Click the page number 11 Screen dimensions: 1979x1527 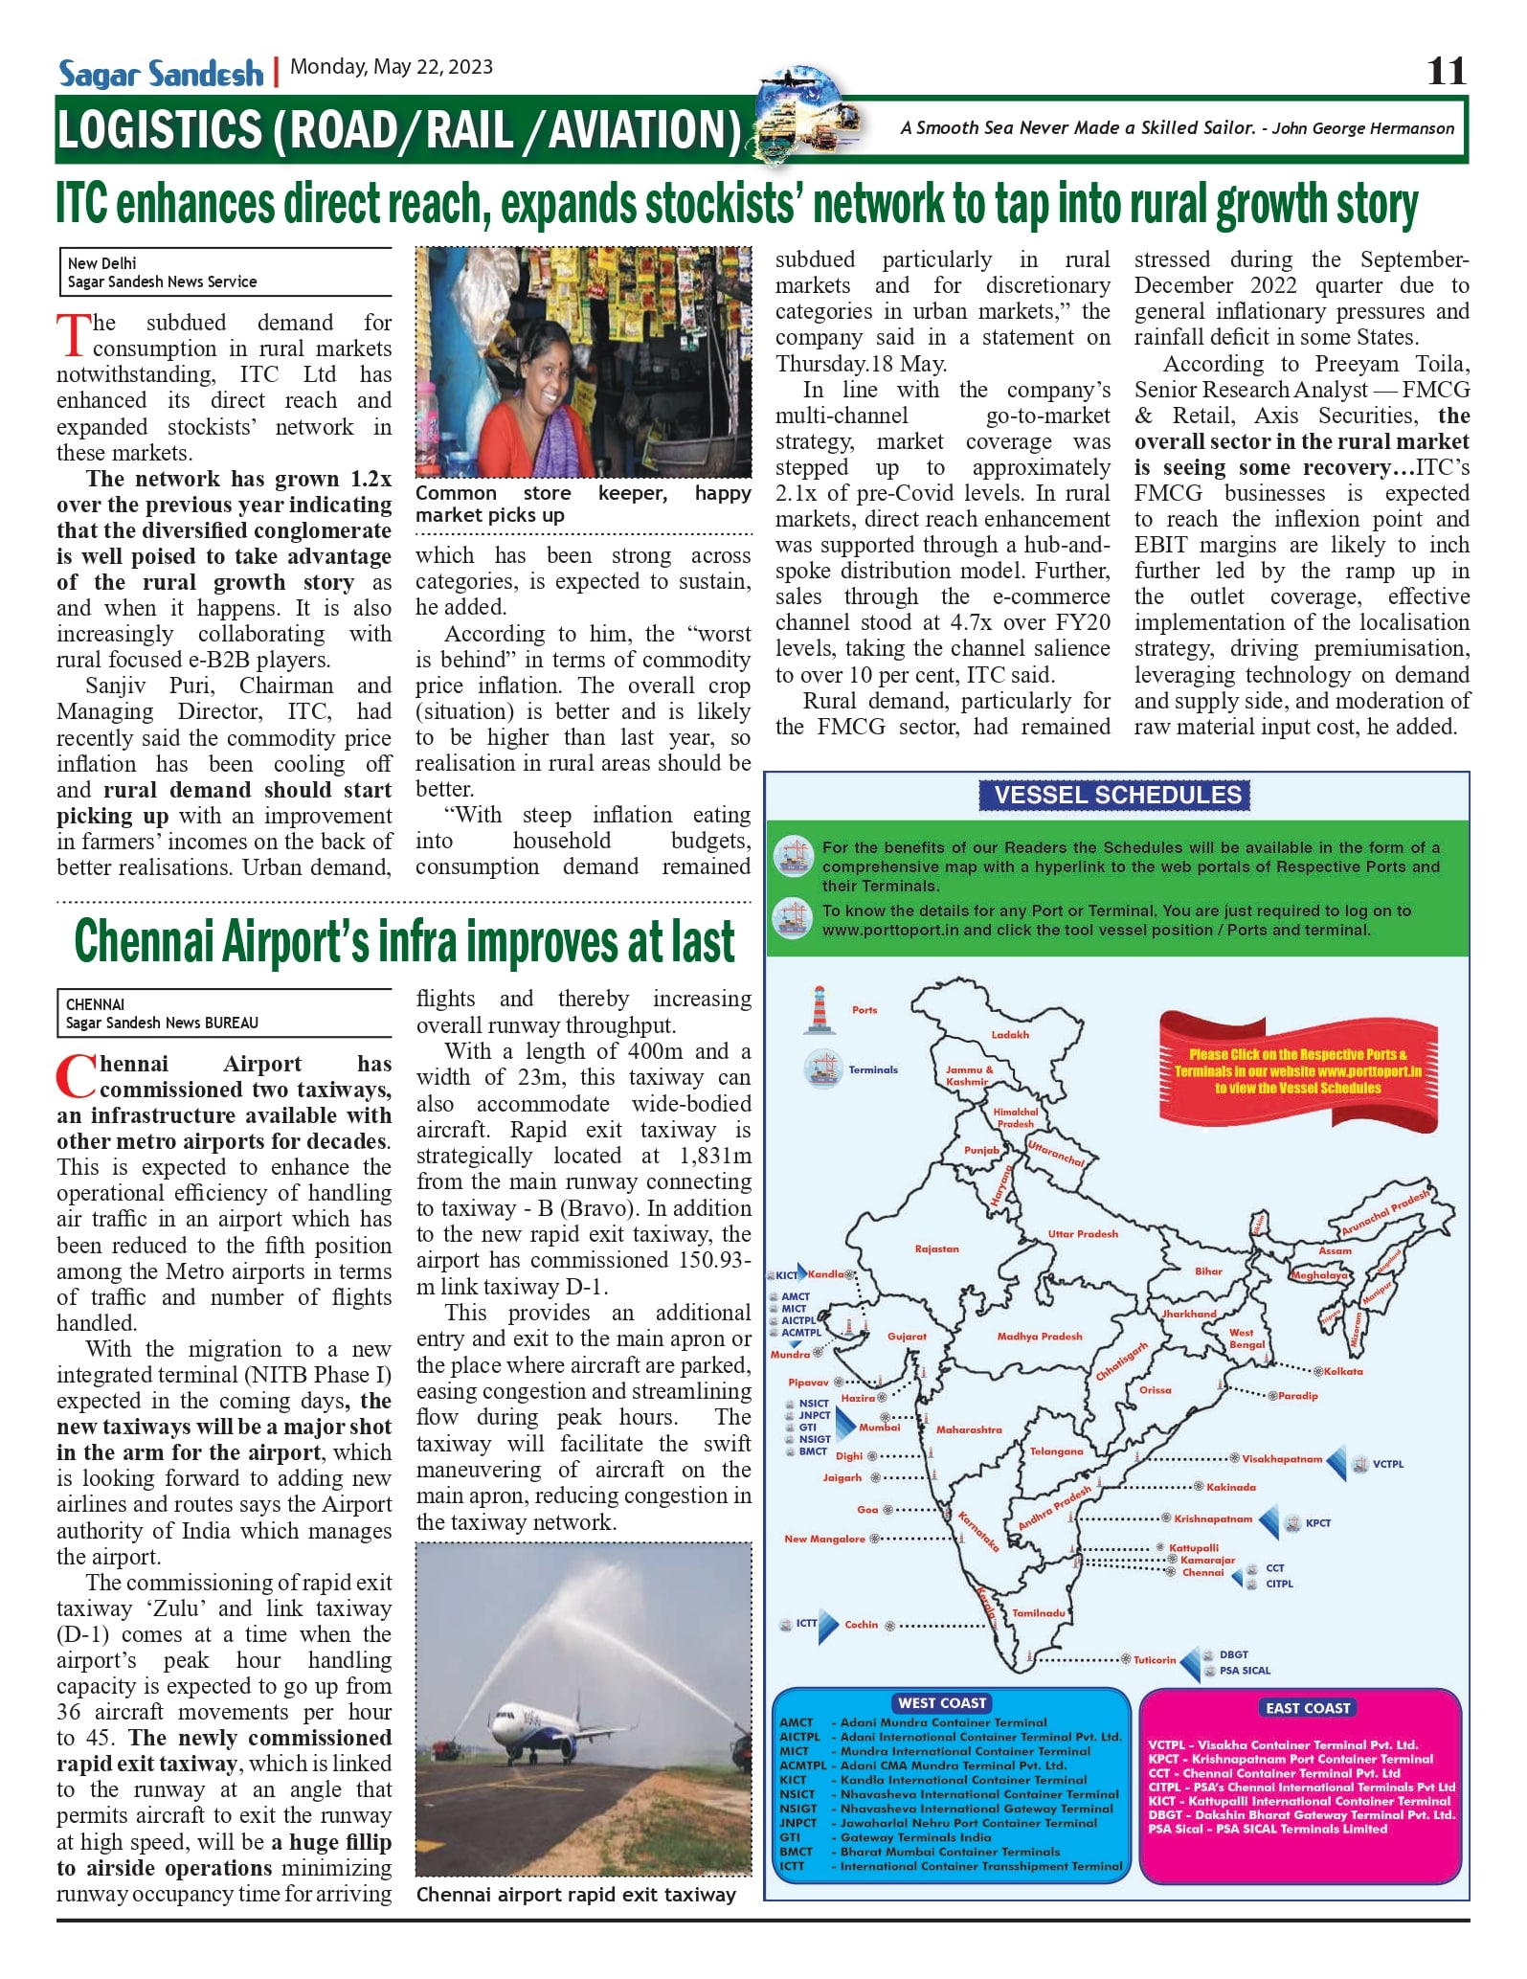(1446, 71)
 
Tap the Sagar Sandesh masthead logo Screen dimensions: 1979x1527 (161, 74)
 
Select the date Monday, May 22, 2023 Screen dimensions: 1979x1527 (392, 67)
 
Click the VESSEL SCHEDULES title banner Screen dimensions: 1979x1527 (1117, 795)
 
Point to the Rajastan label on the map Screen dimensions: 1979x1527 (936, 1249)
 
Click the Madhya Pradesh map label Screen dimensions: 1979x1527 (1039, 1337)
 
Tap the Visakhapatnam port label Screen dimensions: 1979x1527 (1282, 1459)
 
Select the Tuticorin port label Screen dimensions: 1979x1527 (1155, 1660)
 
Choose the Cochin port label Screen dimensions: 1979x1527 (861, 1625)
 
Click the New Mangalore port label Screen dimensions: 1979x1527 (824, 1540)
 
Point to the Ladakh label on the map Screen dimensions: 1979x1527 (1010, 1035)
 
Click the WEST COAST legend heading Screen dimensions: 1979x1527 (942, 1703)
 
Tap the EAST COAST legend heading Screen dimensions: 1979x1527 (1307, 1708)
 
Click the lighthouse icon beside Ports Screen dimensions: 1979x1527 (819, 1009)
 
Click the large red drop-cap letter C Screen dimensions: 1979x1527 (76, 1078)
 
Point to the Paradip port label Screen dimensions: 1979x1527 (1297, 1396)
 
